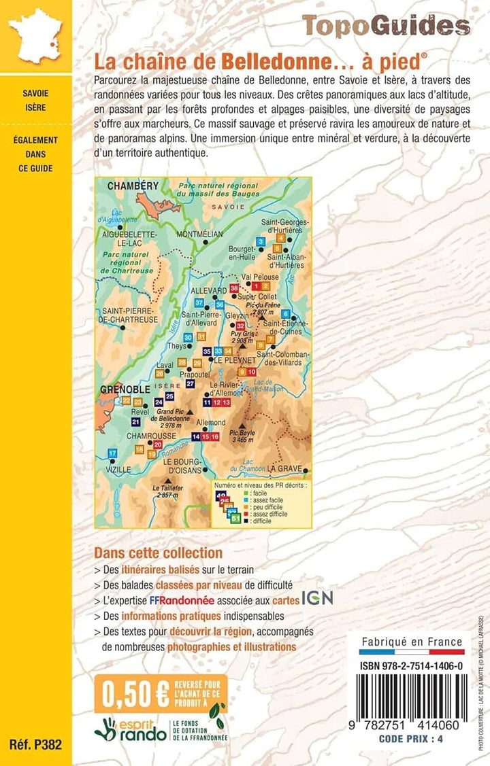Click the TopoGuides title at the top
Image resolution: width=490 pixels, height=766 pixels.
(386, 26)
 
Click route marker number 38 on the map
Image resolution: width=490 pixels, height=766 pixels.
(235, 289)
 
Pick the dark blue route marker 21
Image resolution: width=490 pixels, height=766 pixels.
(135, 422)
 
